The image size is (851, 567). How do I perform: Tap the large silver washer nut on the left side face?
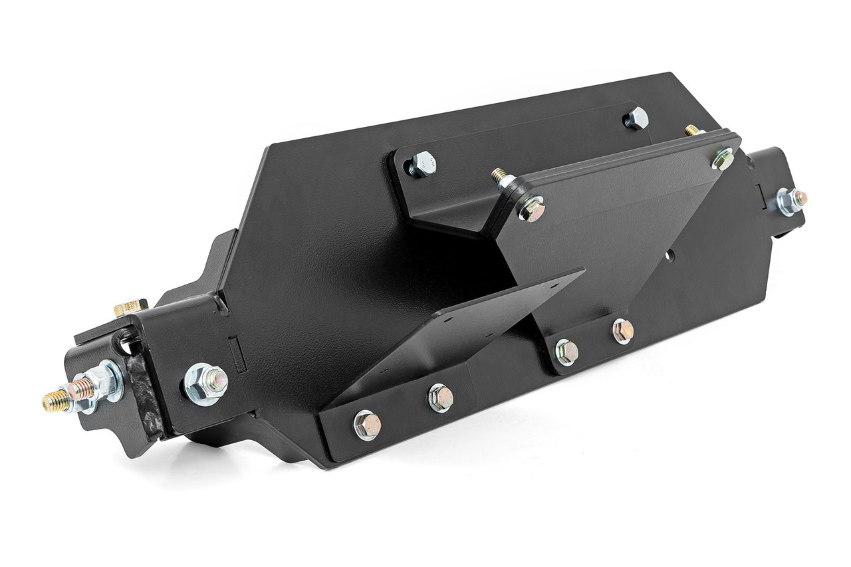click(205, 382)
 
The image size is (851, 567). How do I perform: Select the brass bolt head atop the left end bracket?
click(131, 307)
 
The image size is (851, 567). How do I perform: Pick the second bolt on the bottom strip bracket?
click(440, 397)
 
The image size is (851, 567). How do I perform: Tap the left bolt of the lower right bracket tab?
click(566, 352)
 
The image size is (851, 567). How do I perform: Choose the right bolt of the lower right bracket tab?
click(622, 330)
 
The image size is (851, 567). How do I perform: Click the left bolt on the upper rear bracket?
click(422, 163)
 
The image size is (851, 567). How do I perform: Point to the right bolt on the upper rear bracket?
click(636, 118)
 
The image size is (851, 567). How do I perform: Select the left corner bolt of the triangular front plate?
click(532, 209)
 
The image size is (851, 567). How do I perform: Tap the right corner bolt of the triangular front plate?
click(723, 159)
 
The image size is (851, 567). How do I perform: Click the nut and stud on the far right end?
click(790, 201)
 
